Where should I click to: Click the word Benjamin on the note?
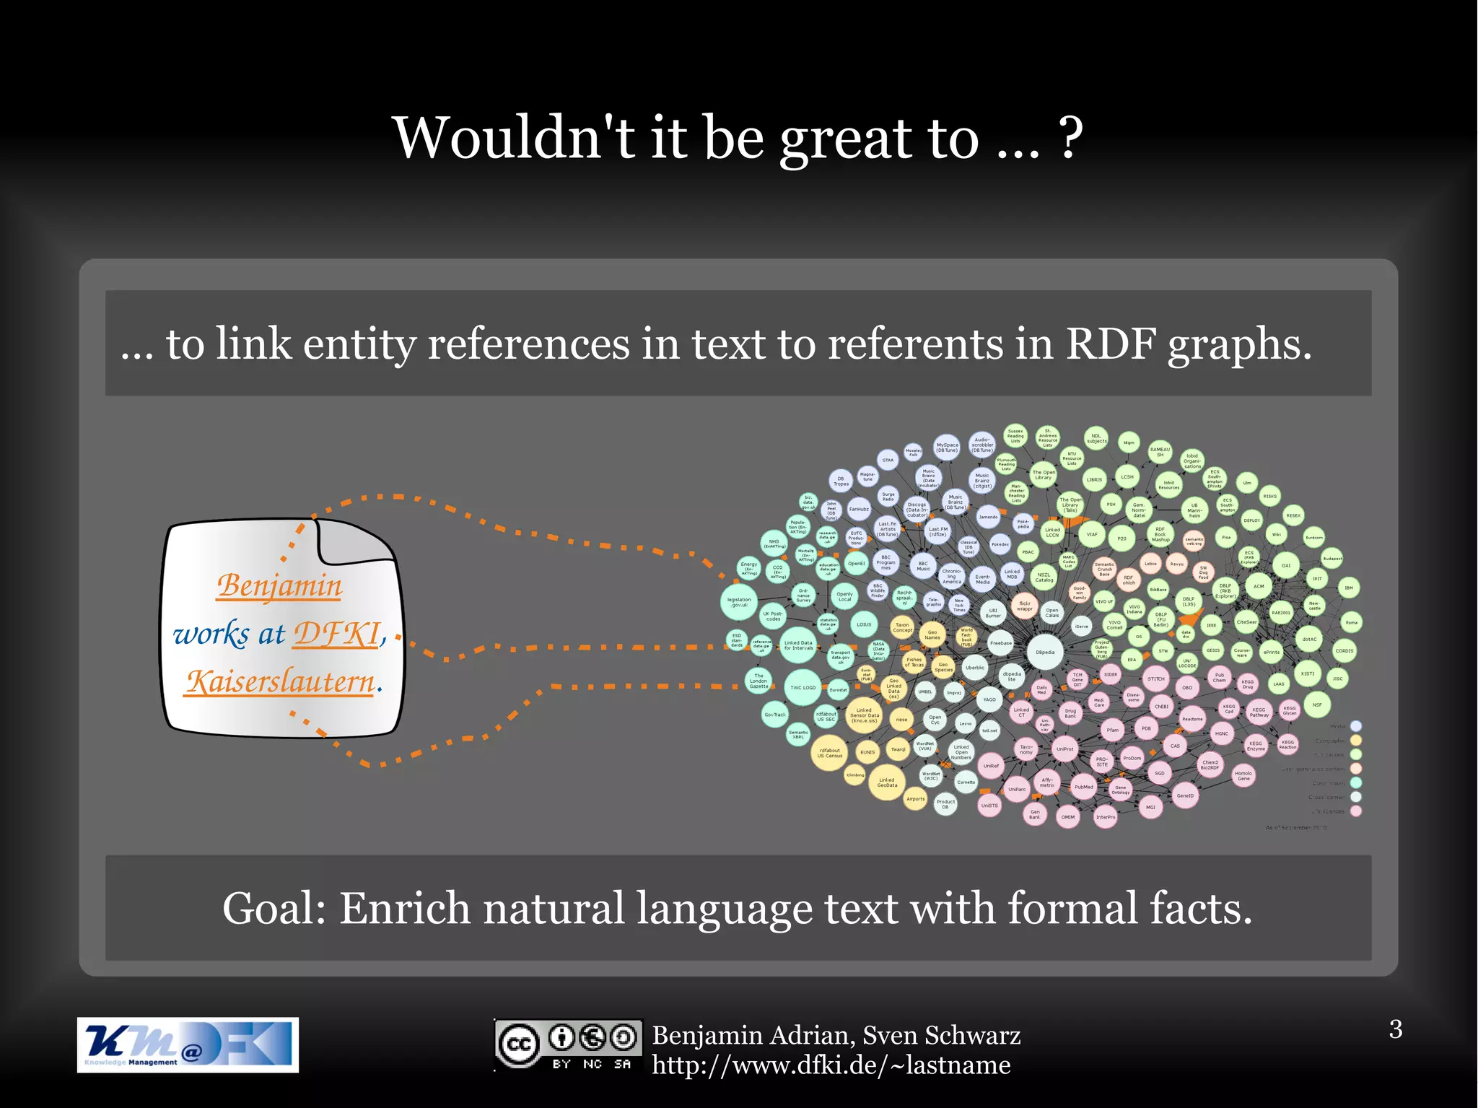(279, 585)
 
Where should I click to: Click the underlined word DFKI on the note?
(336, 634)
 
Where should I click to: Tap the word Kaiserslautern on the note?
(281, 681)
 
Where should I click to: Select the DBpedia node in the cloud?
(1045, 652)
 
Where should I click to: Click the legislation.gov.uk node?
(739, 602)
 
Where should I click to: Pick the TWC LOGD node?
(803, 687)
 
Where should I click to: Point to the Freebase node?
(1001, 642)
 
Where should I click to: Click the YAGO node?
(989, 699)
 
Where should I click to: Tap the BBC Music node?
(923, 567)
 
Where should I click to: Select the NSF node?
(1317, 705)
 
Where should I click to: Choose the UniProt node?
(1065, 749)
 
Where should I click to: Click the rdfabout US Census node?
(830, 754)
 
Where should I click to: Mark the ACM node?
(1259, 586)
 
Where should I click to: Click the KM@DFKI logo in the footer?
(188, 1044)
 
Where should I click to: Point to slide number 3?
(1396, 1029)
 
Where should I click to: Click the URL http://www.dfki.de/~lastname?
(831, 1065)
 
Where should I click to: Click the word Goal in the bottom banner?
(274, 908)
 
